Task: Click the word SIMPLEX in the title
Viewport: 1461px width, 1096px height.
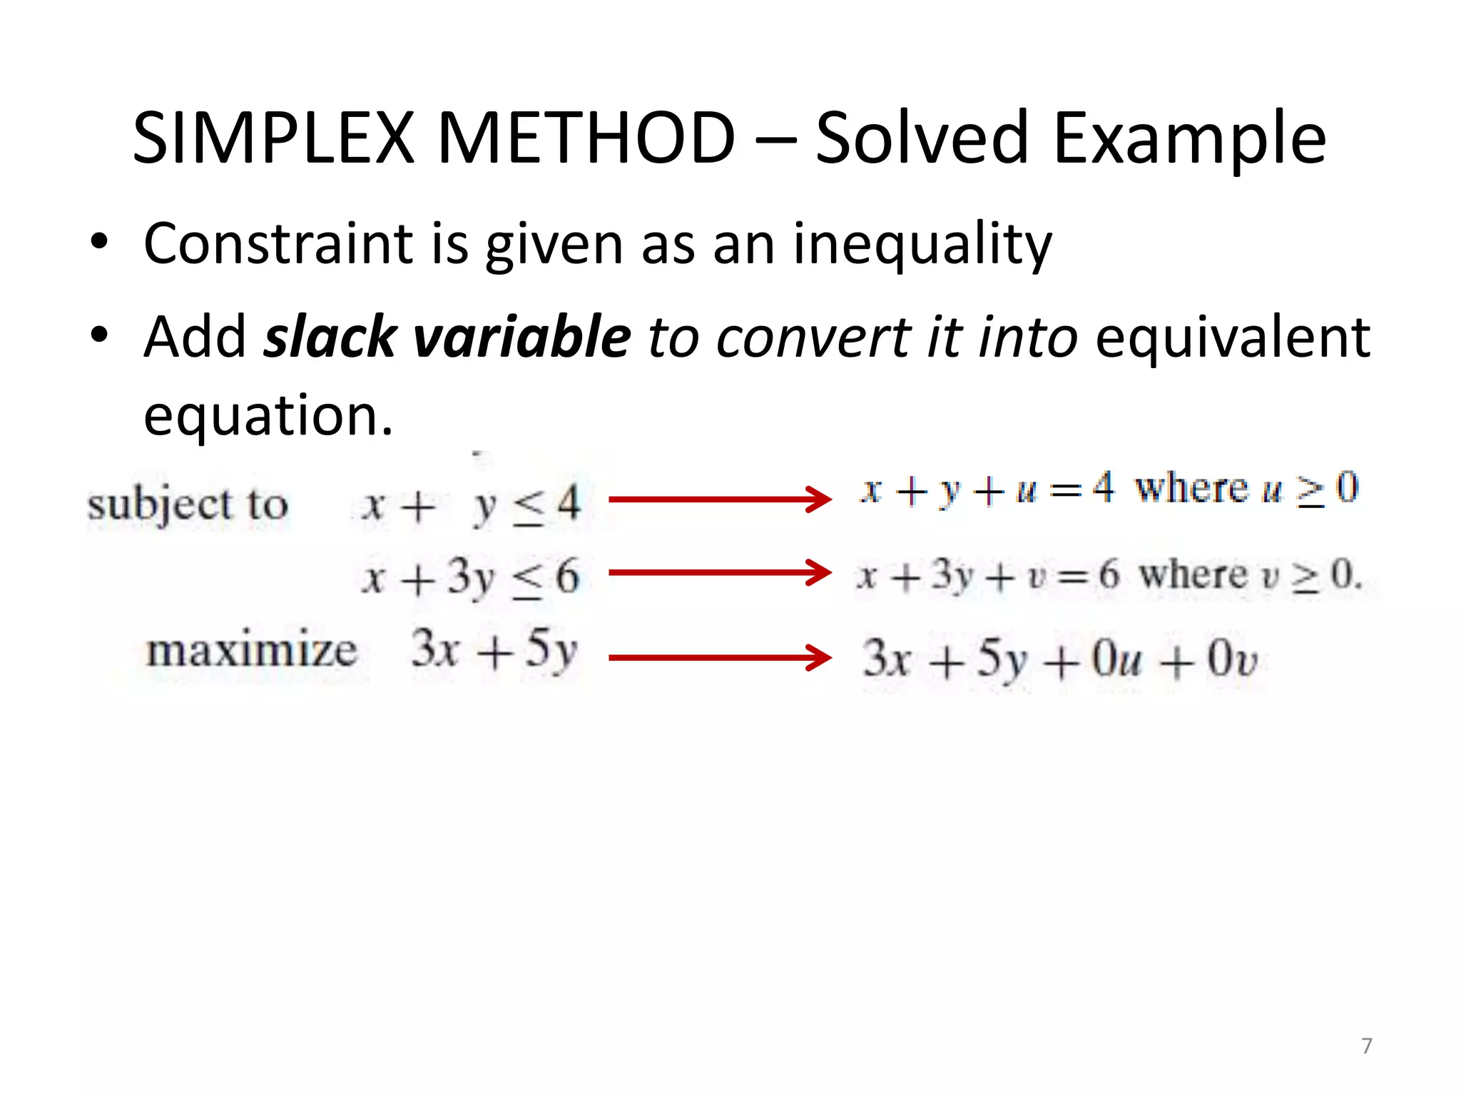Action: [273, 138]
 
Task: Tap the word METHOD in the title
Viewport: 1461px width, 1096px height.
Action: [586, 138]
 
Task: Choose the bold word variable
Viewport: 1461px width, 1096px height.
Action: [522, 336]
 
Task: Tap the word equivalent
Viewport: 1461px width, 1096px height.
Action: [1232, 336]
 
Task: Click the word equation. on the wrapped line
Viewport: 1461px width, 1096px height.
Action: [268, 416]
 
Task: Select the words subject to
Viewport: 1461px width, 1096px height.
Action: [188, 505]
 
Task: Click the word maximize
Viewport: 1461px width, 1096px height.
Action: [251, 651]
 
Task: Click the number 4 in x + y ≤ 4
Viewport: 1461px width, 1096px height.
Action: [568, 503]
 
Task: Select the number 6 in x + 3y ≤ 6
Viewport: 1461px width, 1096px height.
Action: [567, 576]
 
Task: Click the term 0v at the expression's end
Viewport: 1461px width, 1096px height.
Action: [1232, 659]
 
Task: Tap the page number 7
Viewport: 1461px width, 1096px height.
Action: [1366, 1046]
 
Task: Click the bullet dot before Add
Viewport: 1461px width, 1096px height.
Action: [99, 335]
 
